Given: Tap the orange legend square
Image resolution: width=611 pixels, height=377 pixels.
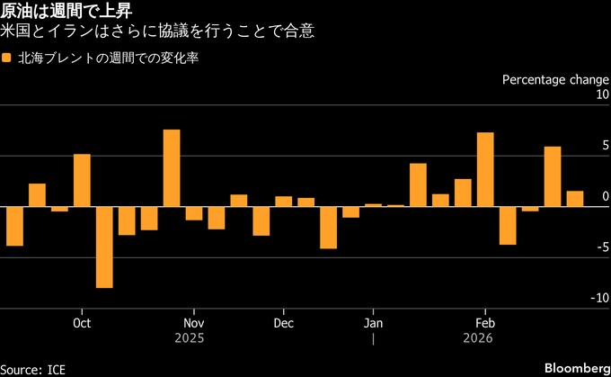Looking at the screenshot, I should point(7,58).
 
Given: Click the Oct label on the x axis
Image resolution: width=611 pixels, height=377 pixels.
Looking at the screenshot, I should point(82,322).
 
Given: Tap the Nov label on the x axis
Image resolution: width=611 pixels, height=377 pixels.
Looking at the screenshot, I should point(193,322).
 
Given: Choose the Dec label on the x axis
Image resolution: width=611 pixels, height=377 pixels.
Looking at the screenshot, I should point(283,322).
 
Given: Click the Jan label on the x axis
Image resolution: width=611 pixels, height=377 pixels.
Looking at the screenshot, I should point(373,322).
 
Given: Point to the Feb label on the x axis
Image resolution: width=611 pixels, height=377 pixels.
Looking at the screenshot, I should point(485,322).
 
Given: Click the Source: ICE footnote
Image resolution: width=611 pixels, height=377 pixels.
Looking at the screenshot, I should point(33,369).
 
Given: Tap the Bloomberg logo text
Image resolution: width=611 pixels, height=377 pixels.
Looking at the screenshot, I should point(576,369).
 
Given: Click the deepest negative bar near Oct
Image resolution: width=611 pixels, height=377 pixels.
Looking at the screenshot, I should point(104,247).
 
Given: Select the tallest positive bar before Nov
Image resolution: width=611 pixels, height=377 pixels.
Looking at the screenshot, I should point(172,168).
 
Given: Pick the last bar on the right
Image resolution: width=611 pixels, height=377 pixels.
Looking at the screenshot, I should point(575,199).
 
